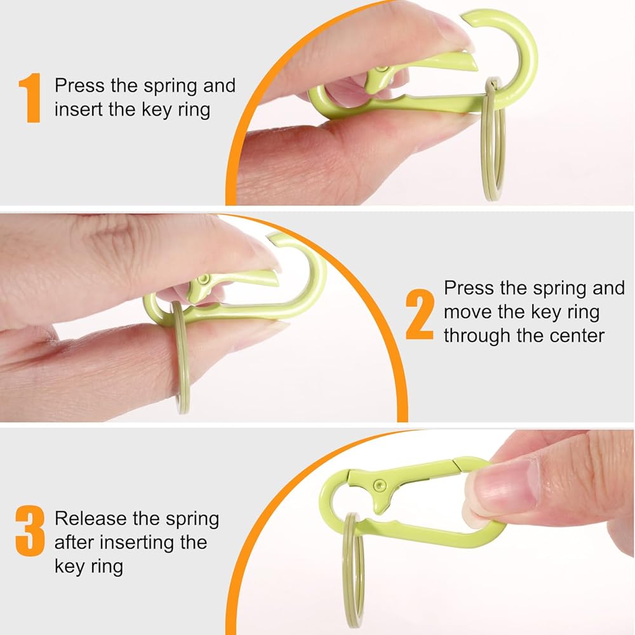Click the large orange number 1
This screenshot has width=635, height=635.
tap(30, 98)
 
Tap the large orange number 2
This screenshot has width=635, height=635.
tap(420, 314)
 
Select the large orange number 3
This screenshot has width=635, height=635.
tap(30, 530)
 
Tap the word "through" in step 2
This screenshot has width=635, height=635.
tap(478, 336)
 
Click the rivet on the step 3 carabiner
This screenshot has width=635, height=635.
tap(380, 483)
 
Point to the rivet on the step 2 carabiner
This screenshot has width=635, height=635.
tap(204, 279)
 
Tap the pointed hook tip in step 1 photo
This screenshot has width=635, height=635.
tap(463, 17)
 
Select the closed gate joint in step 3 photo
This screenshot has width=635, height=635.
tap(455, 464)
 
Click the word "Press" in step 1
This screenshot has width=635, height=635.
tap(79, 86)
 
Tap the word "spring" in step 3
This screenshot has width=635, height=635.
tap(192, 519)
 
